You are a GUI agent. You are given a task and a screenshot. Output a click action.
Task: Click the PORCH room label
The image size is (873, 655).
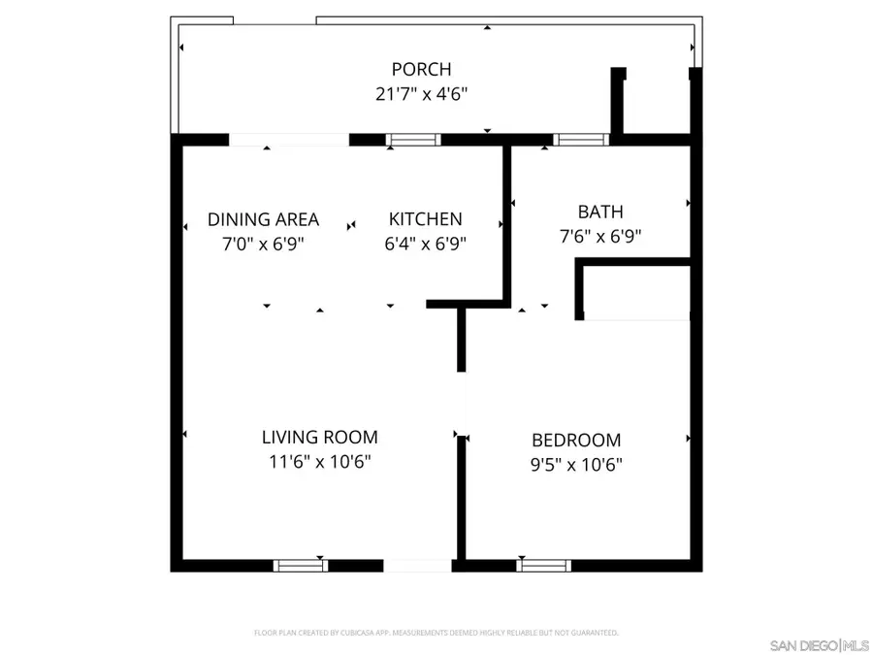pos(421,69)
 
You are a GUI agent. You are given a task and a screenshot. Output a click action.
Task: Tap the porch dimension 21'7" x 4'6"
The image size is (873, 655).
pos(421,94)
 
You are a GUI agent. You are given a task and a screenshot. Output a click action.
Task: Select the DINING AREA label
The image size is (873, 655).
pos(263,219)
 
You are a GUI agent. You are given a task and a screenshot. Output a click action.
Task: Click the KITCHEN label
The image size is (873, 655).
pos(425,219)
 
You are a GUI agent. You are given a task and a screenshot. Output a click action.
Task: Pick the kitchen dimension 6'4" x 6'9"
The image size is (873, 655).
pos(425,244)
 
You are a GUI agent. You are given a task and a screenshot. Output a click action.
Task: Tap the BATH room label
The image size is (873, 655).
pos(600,212)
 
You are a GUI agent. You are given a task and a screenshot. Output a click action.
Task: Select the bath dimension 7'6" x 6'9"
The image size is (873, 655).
pos(600,235)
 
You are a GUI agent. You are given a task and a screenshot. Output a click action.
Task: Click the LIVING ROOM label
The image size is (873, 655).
pos(319,438)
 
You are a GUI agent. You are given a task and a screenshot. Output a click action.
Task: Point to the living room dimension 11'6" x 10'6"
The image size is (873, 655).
pos(319,462)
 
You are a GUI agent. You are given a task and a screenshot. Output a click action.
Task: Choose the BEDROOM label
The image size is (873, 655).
pos(576,441)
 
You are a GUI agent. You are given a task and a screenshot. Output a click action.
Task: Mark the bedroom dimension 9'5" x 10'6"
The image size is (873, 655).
pos(576,464)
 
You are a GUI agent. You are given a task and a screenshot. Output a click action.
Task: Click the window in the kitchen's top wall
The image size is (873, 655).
pos(414,140)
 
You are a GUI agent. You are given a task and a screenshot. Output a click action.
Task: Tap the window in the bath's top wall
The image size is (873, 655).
pos(581,140)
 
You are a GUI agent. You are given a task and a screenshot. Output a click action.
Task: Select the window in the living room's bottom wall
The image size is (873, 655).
pos(300,565)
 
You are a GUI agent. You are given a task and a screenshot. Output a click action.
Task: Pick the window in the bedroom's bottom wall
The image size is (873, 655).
pos(543,565)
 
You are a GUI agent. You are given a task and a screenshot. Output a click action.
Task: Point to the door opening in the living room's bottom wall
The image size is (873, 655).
pos(417,565)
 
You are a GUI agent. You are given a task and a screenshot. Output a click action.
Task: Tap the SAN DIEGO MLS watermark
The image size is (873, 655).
pos(820,645)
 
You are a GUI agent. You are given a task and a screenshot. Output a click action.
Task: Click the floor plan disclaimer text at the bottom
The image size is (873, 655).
pos(436,633)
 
